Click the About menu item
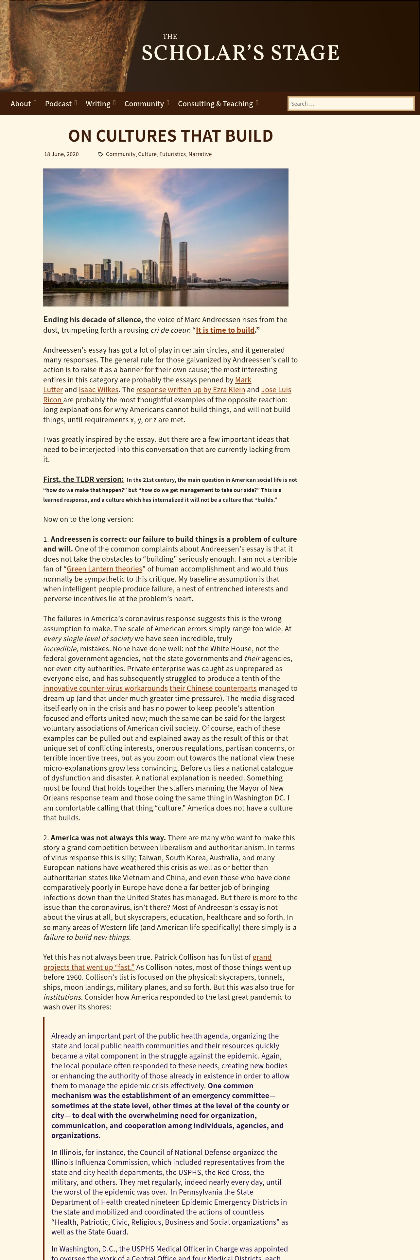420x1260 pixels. [21, 104]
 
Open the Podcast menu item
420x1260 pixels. [58, 104]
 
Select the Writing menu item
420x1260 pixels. [98, 104]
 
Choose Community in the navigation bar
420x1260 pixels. [144, 104]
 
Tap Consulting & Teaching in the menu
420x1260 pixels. [215, 104]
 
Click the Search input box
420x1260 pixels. [351, 104]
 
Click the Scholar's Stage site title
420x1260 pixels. [240, 52]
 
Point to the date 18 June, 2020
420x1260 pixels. [61, 154]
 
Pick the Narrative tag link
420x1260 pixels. [200, 154]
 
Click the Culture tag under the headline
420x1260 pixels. [147, 154]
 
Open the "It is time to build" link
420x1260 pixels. [225, 330]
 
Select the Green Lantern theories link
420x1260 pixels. [104, 569]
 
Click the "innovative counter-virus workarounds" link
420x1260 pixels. [105, 688]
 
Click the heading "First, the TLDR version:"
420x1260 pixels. [83, 479]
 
